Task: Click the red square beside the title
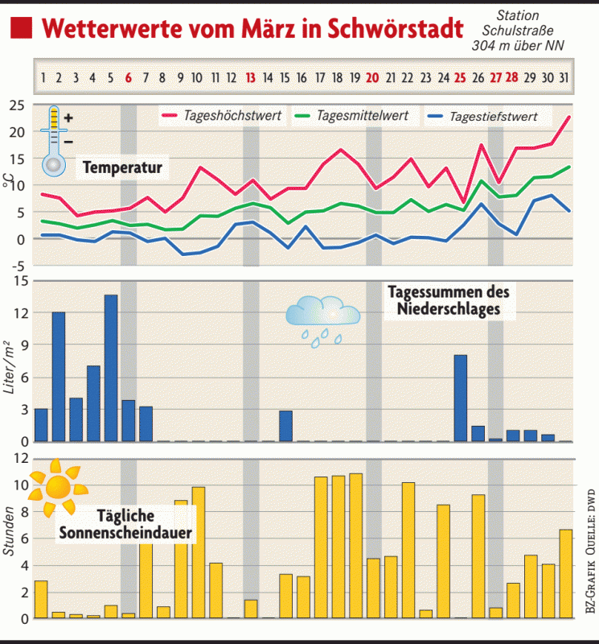click(x=22, y=29)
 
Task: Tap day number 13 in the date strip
click(x=251, y=78)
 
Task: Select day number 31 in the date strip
click(x=564, y=78)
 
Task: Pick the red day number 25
click(x=460, y=78)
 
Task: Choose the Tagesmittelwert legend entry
click(x=363, y=115)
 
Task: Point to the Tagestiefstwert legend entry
click(x=493, y=116)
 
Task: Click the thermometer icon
click(x=54, y=140)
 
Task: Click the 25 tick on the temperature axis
click(x=18, y=105)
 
